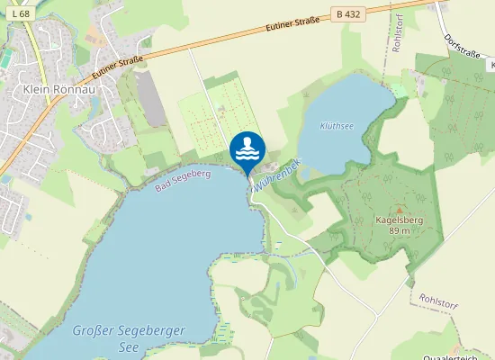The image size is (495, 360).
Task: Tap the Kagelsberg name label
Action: click(400, 220)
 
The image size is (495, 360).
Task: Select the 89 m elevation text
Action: click(400, 231)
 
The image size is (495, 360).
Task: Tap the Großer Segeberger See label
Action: click(130, 332)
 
